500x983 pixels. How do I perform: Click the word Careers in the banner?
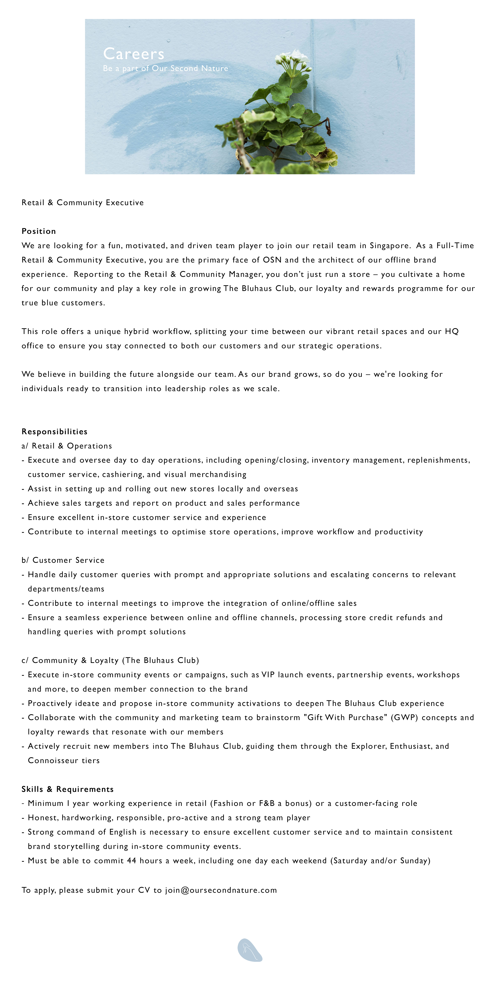134,54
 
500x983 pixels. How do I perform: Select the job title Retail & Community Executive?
83,203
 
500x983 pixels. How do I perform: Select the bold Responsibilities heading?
54,432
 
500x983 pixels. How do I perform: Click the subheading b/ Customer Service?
63,560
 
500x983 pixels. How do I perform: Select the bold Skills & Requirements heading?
68,789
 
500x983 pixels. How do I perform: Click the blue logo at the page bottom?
250,950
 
